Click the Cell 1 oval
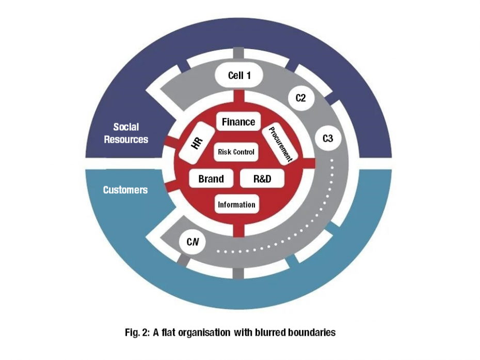(x=239, y=76)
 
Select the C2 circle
(x=300, y=98)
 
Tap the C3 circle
(x=328, y=139)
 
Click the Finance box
(x=238, y=122)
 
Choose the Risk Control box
(x=236, y=152)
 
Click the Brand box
(x=211, y=179)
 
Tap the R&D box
(x=262, y=179)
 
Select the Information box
(x=236, y=205)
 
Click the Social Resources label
(x=126, y=133)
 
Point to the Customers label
(x=125, y=190)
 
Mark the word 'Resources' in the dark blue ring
(x=126, y=139)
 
